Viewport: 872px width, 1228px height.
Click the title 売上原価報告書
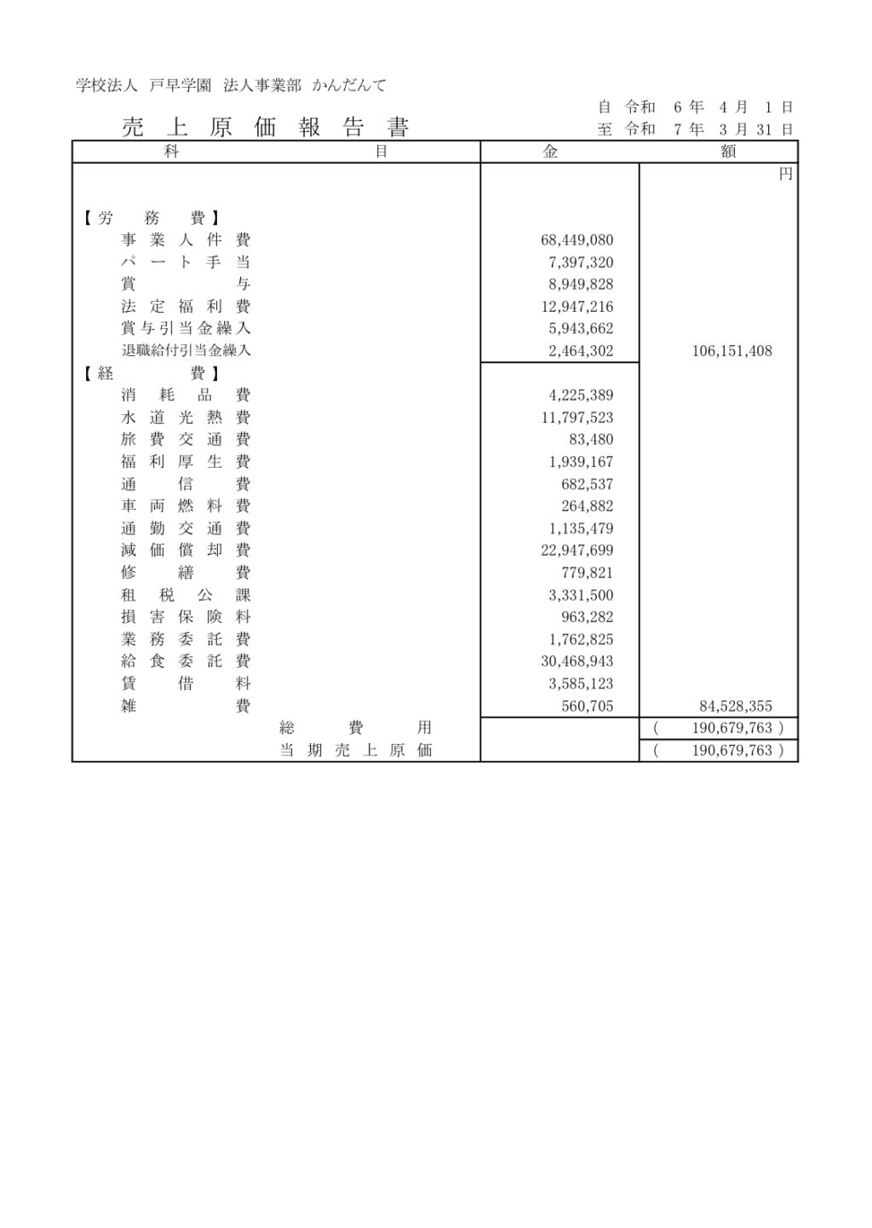(x=266, y=128)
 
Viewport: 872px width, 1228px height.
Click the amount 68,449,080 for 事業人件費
(x=577, y=240)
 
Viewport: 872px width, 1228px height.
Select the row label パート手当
(x=186, y=262)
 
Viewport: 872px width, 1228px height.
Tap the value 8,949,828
(x=581, y=285)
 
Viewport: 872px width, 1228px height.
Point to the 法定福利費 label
(x=186, y=307)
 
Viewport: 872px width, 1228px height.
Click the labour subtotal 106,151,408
(x=731, y=351)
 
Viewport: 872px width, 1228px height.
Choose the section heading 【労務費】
(x=150, y=218)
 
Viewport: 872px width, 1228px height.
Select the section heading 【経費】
(x=150, y=373)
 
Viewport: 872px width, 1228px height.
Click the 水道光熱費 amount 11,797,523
(x=577, y=418)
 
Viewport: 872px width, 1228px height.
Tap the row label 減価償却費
(x=186, y=551)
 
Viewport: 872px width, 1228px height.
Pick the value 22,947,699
(x=577, y=551)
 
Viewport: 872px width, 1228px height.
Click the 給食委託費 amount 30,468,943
(x=577, y=661)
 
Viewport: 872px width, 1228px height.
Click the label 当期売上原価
(x=356, y=751)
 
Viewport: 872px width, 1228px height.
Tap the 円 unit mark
(x=785, y=174)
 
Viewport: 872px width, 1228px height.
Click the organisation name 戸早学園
(x=180, y=85)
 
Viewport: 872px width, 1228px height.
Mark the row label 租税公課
(x=186, y=595)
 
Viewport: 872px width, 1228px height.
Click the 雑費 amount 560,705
(x=588, y=706)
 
